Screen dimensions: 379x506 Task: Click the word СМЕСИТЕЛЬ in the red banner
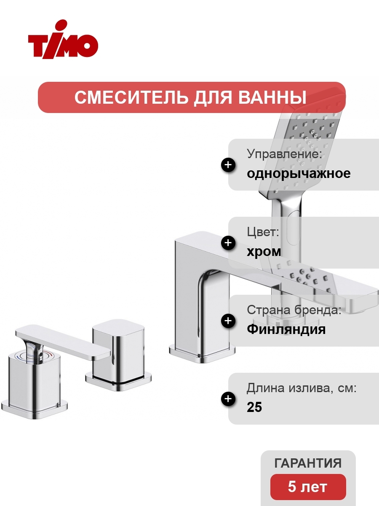(x=131, y=97)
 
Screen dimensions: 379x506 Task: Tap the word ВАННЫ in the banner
(x=272, y=97)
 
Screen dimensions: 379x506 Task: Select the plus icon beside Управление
(x=228, y=165)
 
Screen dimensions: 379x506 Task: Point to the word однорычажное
(x=299, y=173)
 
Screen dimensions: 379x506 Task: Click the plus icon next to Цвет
(x=228, y=243)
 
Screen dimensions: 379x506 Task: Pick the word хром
(x=264, y=251)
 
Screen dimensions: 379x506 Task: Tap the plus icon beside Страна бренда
(x=228, y=320)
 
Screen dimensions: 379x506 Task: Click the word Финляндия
(x=286, y=329)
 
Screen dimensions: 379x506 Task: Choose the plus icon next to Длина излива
(x=228, y=398)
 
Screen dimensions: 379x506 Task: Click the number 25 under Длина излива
(x=254, y=407)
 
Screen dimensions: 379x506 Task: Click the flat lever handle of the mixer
(x=62, y=342)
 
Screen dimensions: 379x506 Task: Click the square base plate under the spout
(x=202, y=352)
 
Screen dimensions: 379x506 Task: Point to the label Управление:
(x=284, y=154)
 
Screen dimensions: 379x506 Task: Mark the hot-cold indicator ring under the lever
(x=35, y=356)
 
